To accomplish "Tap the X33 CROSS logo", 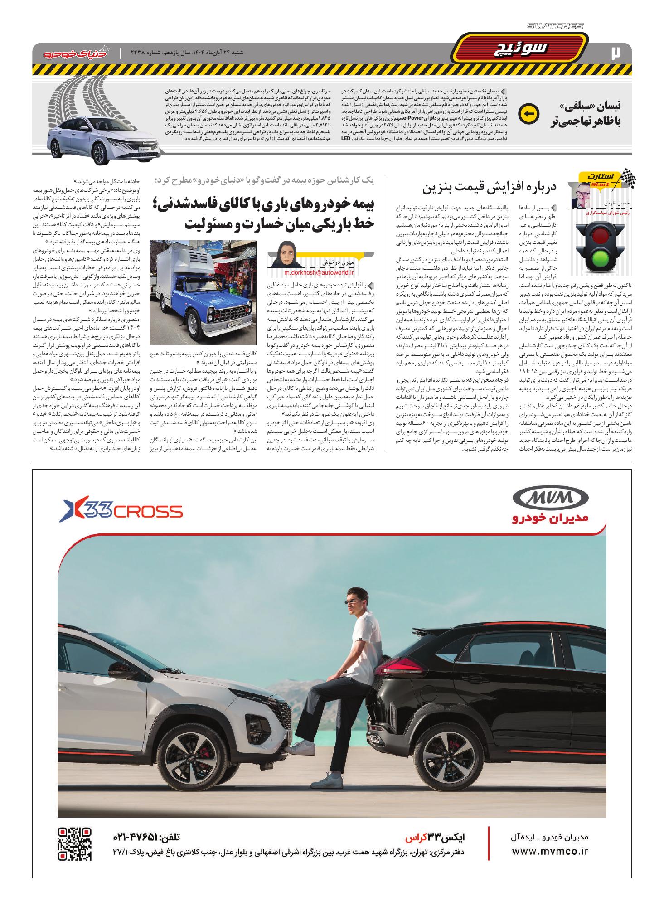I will pos(123,512).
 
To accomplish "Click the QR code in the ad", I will pos(75,844).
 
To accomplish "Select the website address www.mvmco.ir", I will pos(549,852).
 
